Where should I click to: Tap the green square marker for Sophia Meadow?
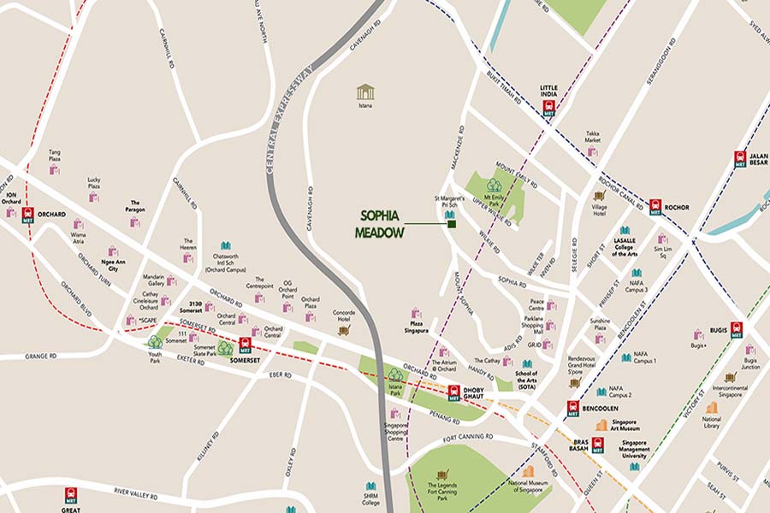point(451,225)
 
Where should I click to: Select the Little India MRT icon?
point(548,108)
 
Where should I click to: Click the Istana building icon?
point(365,91)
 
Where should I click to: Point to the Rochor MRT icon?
point(655,206)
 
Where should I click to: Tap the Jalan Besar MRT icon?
point(740,159)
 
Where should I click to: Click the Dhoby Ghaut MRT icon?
point(453,392)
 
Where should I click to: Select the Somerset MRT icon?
point(246,345)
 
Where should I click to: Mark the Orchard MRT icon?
point(28,214)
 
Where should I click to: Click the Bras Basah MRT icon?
point(597,444)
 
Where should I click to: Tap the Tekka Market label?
point(593,137)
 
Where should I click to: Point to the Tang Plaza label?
point(54,156)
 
